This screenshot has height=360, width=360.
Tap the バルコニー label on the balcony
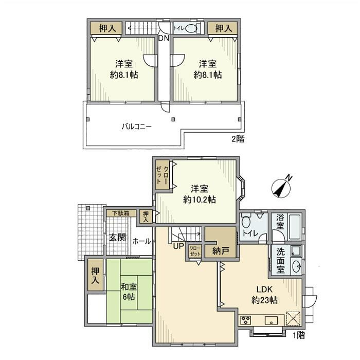[x=137, y=127]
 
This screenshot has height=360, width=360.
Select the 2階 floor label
[x=238, y=139]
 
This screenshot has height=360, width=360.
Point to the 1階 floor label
[x=298, y=335]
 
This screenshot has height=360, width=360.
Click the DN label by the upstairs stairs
[x=164, y=39]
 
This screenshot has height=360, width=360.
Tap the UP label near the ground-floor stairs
[x=178, y=246]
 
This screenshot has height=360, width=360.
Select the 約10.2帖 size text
[x=200, y=200]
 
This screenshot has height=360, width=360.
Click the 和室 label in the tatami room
[x=129, y=287]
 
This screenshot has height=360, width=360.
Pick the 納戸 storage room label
[x=221, y=251]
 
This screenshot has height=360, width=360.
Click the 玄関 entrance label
[x=118, y=238]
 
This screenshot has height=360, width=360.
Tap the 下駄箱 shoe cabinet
[x=121, y=213]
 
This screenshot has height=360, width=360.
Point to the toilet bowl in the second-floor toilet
[x=191, y=29]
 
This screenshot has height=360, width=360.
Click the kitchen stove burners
[x=246, y=320]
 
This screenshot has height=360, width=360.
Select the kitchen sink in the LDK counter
[x=271, y=320]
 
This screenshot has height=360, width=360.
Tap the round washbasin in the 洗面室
[x=296, y=266]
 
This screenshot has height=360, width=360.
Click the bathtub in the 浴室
[x=295, y=227]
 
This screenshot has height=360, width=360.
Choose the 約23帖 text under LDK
[x=264, y=300]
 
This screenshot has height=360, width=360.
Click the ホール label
[x=141, y=241]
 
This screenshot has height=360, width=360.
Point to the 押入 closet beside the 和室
[x=95, y=275]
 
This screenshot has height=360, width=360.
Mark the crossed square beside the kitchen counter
[x=293, y=318]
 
